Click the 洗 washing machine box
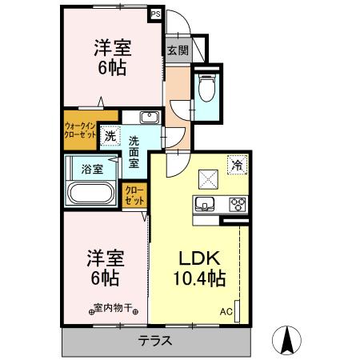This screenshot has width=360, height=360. (110, 135)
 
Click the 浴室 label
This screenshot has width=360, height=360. (92, 169)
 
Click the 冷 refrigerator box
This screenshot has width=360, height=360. (237, 165)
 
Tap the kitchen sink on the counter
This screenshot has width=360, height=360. (204, 202)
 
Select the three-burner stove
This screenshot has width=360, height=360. (237, 202)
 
